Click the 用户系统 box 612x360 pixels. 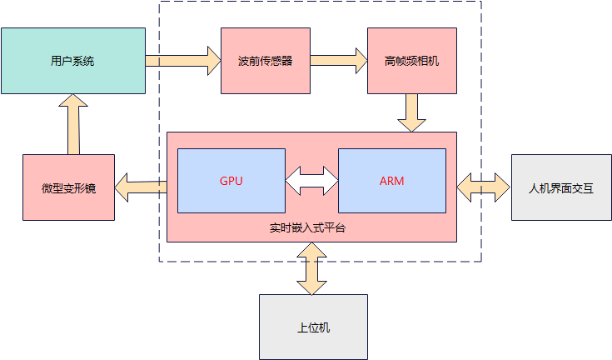(72, 61)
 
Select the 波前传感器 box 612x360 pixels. (265, 61)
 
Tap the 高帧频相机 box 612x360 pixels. (412, 61)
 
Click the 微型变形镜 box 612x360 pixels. (68, 187)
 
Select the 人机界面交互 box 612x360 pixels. (561, 187)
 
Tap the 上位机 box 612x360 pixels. (313, 327)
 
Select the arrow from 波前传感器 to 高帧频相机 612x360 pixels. (339, 60)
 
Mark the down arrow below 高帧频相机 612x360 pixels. (412, 112)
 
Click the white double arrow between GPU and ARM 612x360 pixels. (311, 181)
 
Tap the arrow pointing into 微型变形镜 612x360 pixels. (141, 187)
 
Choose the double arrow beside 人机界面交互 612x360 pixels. (483, 186)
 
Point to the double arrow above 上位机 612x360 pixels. (312, 268)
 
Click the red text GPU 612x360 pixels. (231, 181)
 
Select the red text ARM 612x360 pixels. (391, 181)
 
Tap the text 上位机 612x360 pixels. (313, 327)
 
